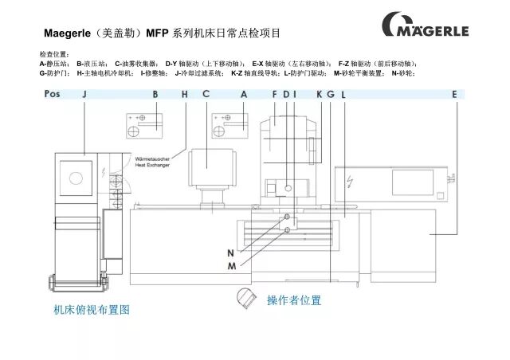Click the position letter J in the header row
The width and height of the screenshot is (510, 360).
(x=84, y=95)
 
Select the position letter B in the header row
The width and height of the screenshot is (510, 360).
(x=156, y=95)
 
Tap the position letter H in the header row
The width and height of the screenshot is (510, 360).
(x=185, y=95)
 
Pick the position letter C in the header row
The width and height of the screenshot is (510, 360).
(x=206, y=95)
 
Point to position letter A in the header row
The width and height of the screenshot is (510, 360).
(x=244, y=95)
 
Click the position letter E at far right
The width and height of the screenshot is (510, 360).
(x=455, y=95)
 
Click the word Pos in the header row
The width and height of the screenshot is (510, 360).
(x=53, y=95)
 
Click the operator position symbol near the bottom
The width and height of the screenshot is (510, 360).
(x=245, y=297)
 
